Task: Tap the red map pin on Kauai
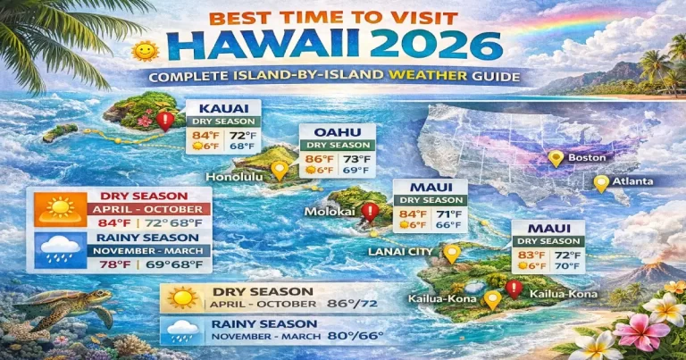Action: (163, 121)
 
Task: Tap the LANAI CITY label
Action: (399, 252)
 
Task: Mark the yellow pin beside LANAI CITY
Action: (451, 254)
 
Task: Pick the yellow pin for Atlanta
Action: (600, 183)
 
